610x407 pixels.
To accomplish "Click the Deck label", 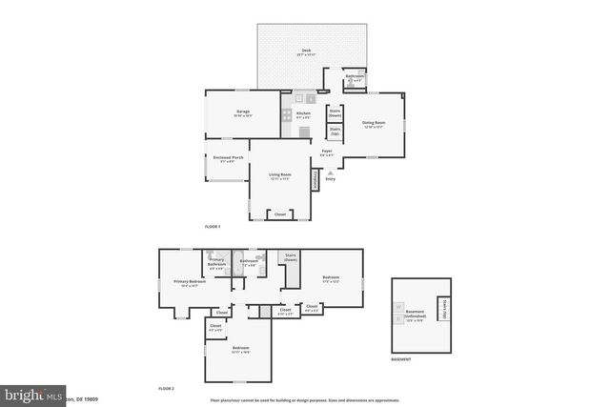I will [x=306, y=51].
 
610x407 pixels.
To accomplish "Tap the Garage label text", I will [x=243, y=113].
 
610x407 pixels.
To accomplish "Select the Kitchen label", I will [x=303, y=115].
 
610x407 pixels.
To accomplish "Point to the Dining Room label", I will [x=373, y=124].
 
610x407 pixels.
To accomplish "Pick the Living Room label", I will [x=279, y=176].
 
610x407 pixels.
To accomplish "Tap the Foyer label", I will [x=326, y=153].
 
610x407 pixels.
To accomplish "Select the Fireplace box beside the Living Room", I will [x=317, y=179].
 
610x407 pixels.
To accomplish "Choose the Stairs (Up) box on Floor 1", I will [x=335, y=132].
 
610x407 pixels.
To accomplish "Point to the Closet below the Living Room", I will [x=279, y=214].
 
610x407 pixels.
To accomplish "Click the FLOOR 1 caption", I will [x=213, y=227].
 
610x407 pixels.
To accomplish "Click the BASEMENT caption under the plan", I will [x=401, y=360].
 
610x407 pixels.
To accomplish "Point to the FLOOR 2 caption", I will [x=167, y=390].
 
